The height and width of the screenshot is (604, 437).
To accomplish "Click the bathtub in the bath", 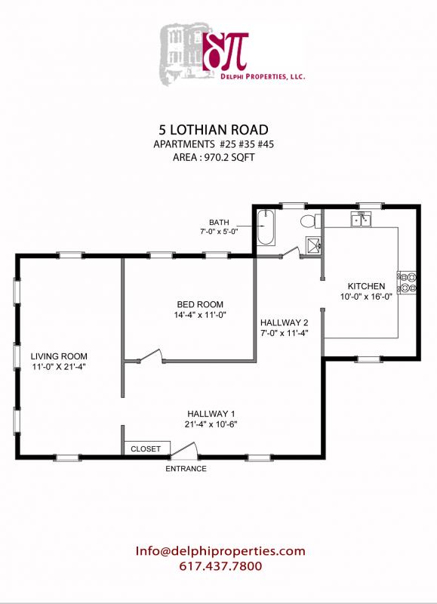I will [x=266, y=228].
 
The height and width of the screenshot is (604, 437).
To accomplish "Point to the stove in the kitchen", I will [x=407, y=282].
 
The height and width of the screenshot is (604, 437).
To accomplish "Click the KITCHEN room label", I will [x=366, y=287].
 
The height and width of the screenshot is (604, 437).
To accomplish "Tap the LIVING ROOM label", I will [x=59, y=356].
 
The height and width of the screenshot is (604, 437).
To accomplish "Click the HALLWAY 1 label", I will [x=212, y=413].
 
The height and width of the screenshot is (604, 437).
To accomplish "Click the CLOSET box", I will [x=146, y=448].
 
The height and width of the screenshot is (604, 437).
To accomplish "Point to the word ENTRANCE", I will [x=186, y=469].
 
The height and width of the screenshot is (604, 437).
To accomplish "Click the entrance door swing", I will [x=185, y=450].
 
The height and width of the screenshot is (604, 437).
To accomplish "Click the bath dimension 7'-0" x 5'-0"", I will [x=219, y=233].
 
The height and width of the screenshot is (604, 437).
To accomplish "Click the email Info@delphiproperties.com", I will [x=220, y=551].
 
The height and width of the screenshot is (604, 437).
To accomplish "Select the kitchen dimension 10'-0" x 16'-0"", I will [x=366, y=297].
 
